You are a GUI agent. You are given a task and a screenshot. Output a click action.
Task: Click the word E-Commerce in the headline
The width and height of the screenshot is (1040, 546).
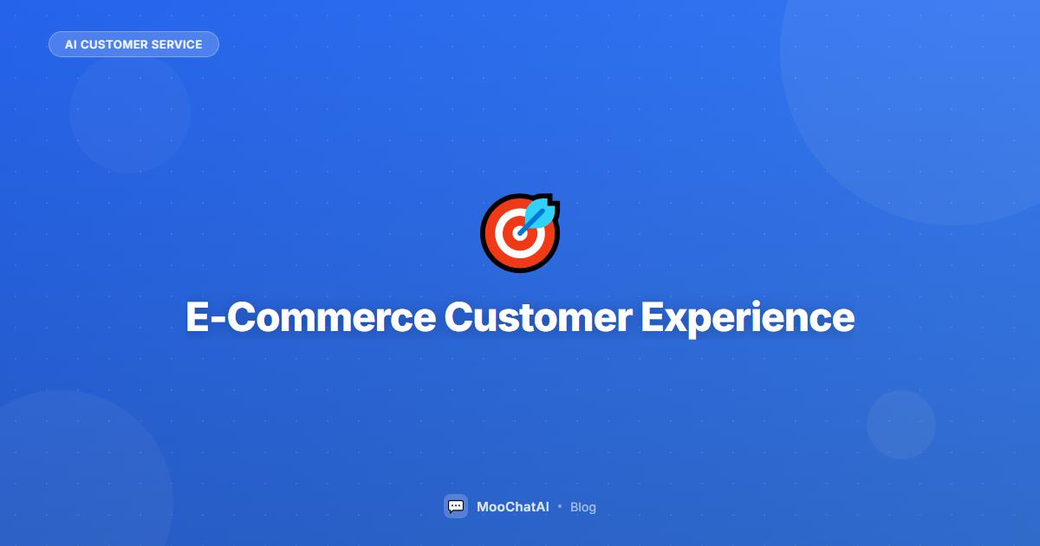pyautogui.click(x=310, y=317)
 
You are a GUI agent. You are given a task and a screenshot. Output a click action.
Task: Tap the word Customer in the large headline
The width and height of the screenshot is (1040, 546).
pyautogui.click(x=537, y=317)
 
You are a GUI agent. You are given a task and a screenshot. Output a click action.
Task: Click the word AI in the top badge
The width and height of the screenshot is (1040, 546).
pyautogui.click(x=71, y=44)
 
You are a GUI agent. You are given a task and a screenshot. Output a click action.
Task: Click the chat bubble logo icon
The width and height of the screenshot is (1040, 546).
pyautogui.click(x=456, y=506)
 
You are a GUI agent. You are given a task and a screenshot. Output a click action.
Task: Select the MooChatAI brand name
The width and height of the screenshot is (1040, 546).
pyautogui.click(x=512, y=507)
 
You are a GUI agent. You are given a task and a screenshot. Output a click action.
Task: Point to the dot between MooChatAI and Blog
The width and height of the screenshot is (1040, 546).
pyautogui.click(x=560, y=506)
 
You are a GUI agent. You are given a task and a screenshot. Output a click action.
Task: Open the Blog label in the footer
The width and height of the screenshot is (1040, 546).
pyautogui.click(x=583, y=507)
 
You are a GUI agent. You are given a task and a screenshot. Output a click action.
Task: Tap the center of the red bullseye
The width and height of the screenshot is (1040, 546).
pyautogui.click(x=519, y=233)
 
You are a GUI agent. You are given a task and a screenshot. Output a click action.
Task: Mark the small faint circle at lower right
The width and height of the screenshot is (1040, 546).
pyautogui.click(x=901, y=425)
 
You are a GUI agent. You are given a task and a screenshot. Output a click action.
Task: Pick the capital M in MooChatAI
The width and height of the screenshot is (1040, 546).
pyautogui.click(x=484, y=507)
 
